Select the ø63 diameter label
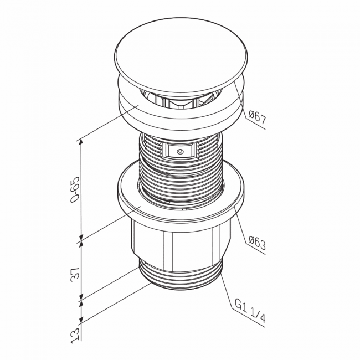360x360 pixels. pos(257,243)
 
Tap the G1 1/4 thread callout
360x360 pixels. pos(250,310)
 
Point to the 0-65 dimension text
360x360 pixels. pos(75,189)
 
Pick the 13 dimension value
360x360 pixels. pos(75,335)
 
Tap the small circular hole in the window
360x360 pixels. pos(180,152)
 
